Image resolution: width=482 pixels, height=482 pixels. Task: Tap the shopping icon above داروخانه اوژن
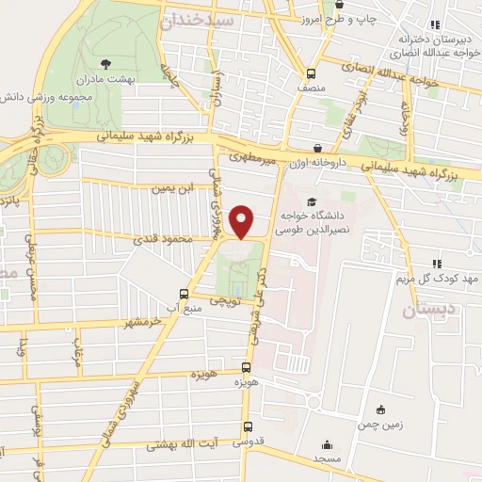click(319, 148)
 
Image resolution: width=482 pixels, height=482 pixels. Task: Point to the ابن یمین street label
click(179, 188)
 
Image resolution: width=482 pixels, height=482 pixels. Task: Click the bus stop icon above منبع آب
click(185, 293)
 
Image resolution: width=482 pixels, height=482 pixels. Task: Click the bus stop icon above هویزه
click(247, 368)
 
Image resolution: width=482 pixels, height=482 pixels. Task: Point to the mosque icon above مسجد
click(327, 446)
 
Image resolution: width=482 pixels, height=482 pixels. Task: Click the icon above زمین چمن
click(379, 410)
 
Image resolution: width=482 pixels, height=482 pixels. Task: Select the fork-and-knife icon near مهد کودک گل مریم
click(436, 264)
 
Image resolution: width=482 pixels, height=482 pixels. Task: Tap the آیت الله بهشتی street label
click(179, 445)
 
